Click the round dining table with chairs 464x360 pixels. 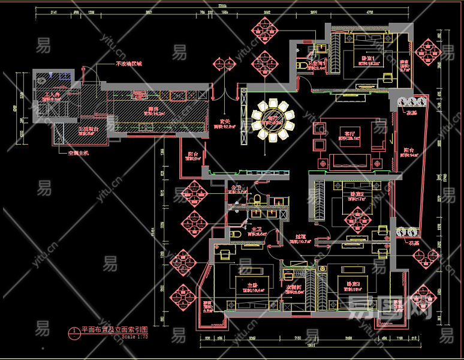point(274,122)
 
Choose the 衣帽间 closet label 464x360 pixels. point(294,287)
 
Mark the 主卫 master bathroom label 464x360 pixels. point(255,230)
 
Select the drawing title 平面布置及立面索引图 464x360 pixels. point(114,329)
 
